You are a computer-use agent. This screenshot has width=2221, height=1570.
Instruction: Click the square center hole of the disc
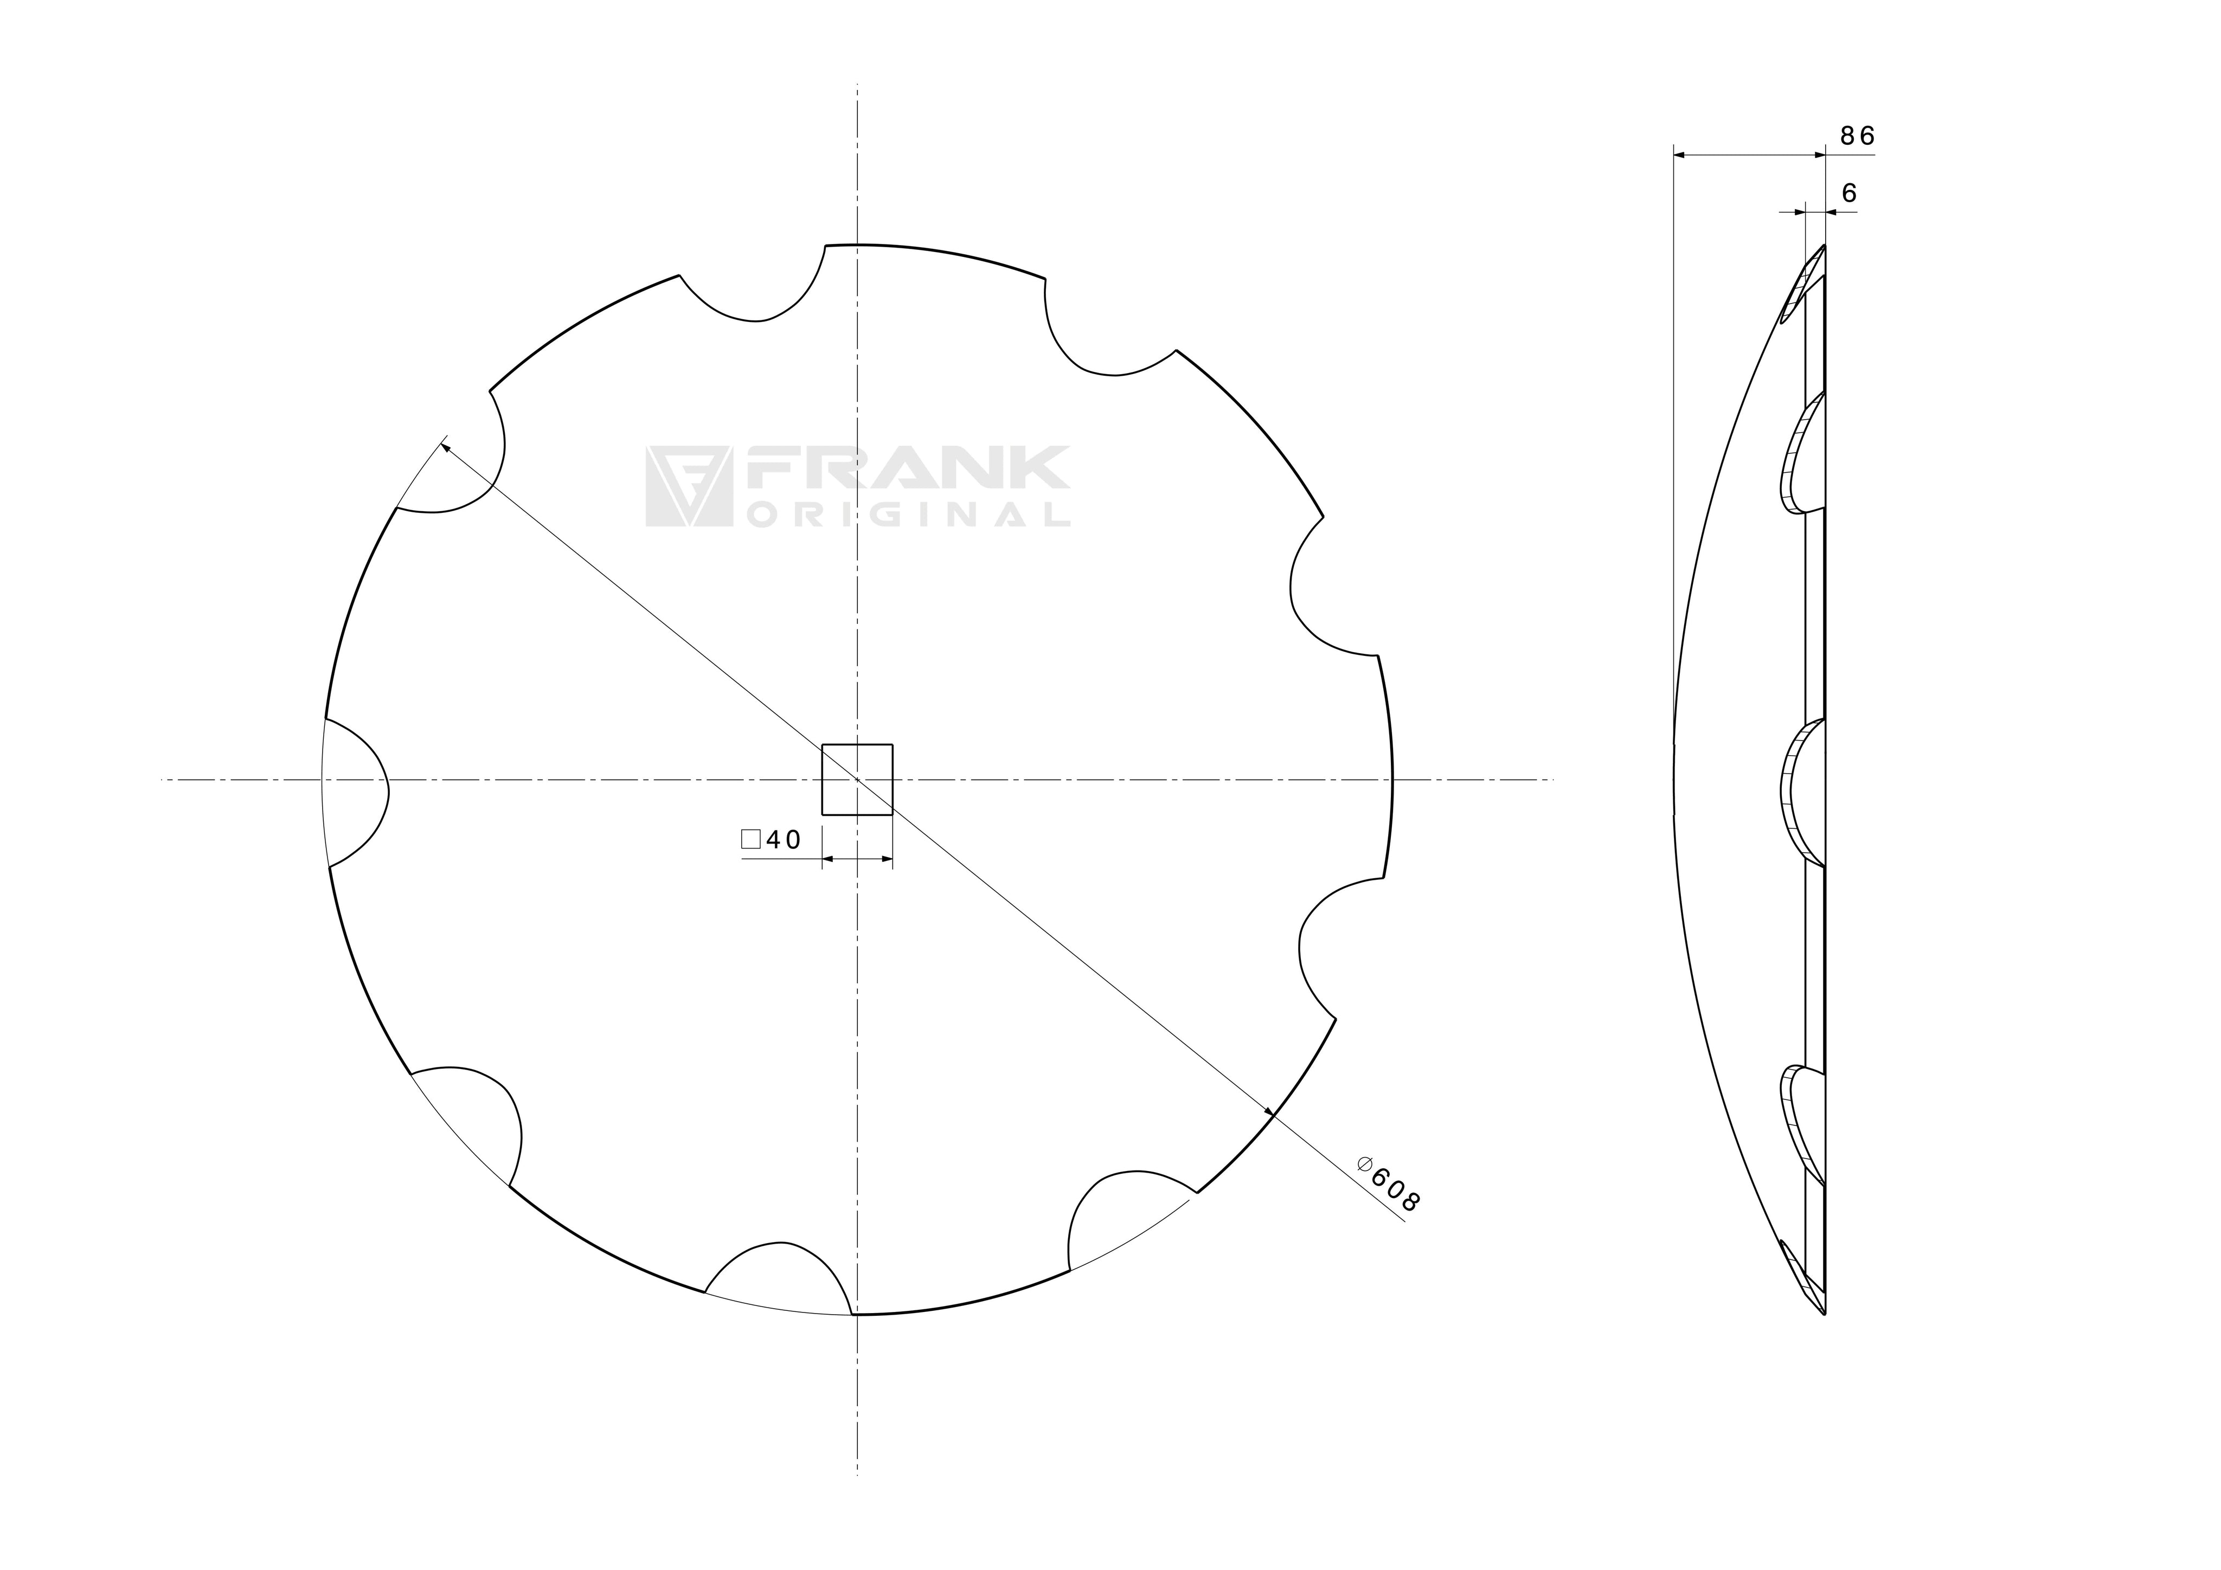click(x=857, y=780)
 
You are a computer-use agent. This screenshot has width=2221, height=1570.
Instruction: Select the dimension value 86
click(x=1857, y=137)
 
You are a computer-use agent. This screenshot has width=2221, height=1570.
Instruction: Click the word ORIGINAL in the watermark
click(x=907, y=513)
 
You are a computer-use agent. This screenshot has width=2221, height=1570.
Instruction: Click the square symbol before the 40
click(x=750, y=839)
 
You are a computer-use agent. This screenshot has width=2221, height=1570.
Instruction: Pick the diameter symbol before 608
click(x=1365, y=1164)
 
